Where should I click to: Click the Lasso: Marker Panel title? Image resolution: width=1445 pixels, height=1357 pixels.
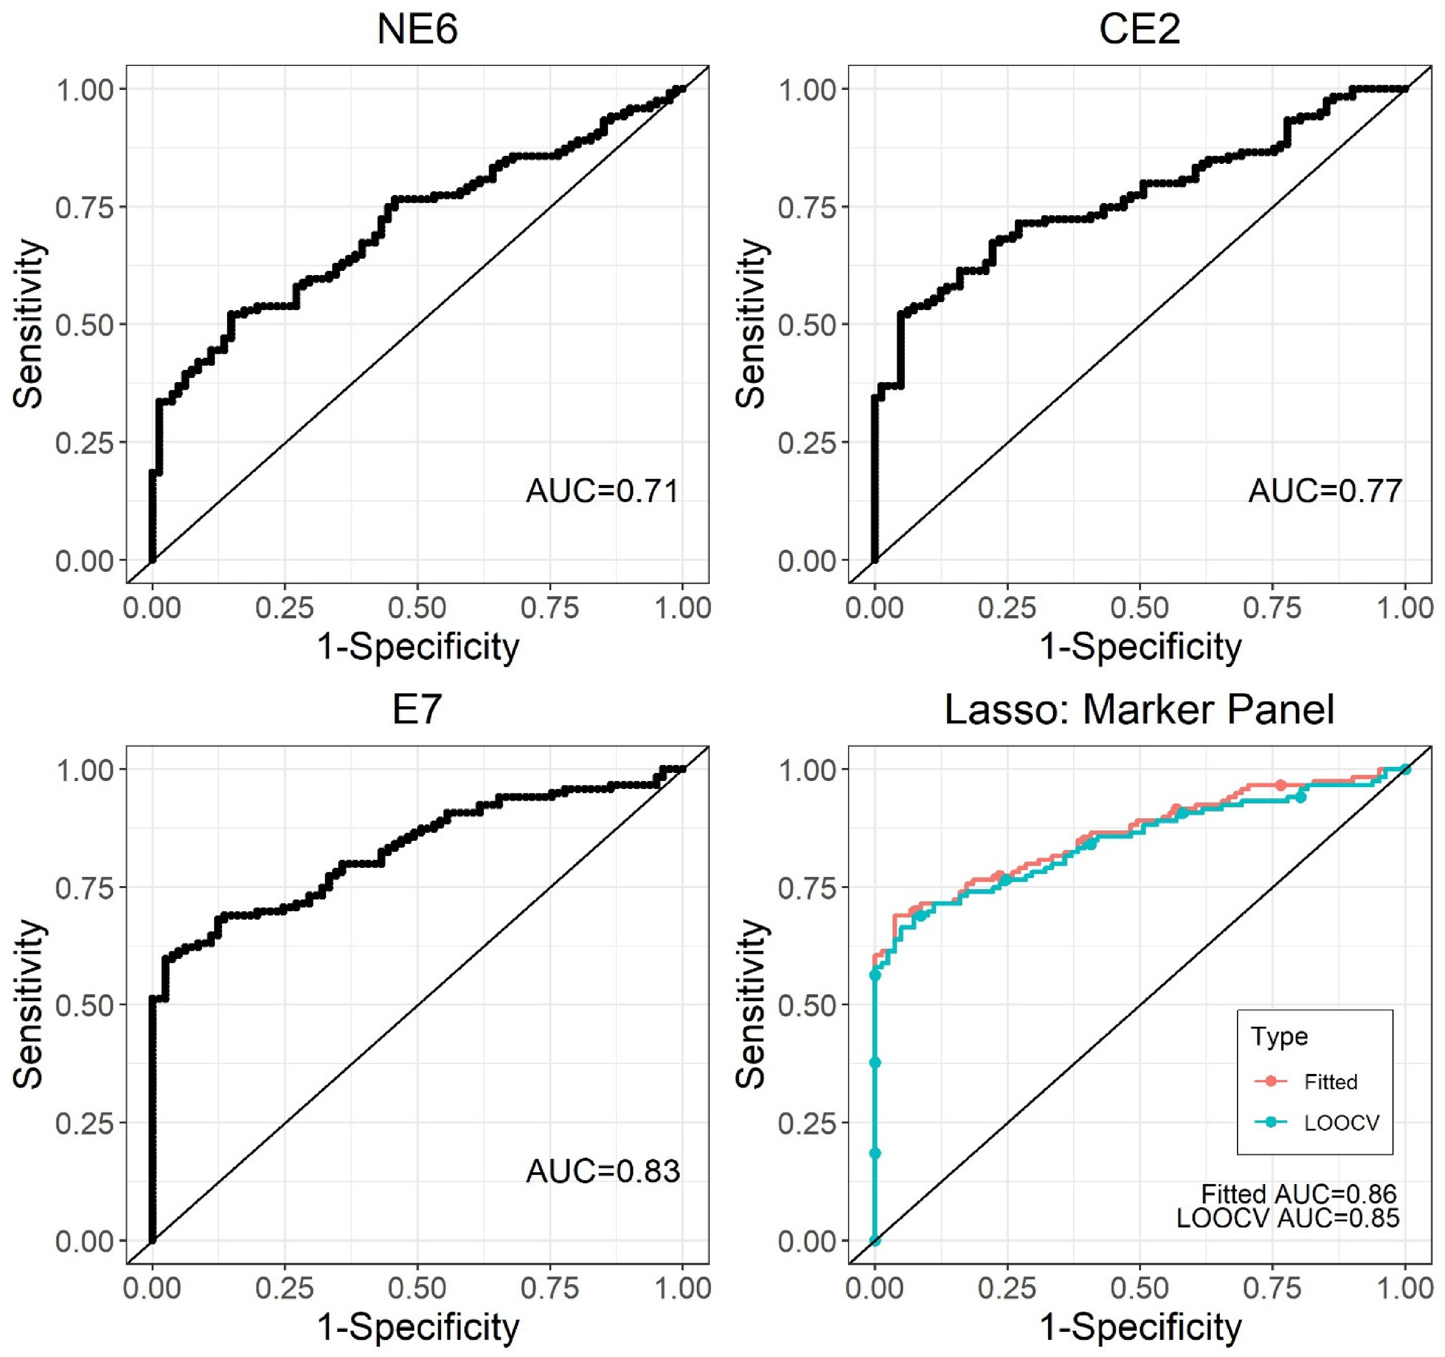click(x=1140, y=709)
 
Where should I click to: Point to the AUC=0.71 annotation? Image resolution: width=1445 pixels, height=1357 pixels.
click(x=603, y=492)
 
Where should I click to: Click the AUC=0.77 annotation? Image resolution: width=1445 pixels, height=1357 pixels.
click(x=1325, y=492)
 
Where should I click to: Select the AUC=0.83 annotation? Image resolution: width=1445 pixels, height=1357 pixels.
click(x=603, y=1171)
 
